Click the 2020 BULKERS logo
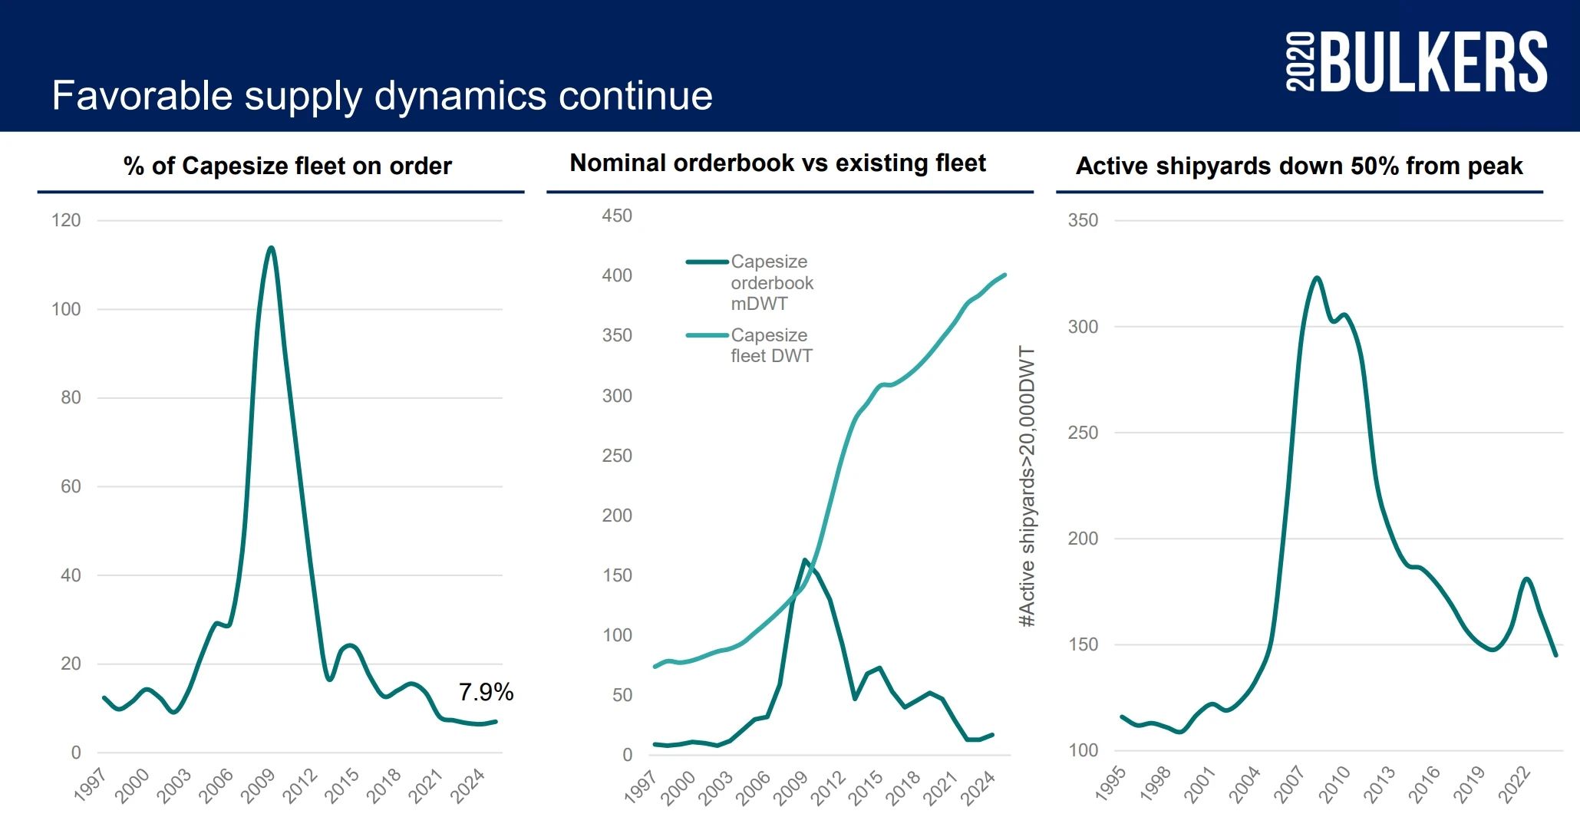[1416, 61]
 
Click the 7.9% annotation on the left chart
[486, 692]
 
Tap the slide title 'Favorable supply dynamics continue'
[382, 96]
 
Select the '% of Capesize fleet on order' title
[288, 166]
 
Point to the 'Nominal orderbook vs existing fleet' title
[777, 163]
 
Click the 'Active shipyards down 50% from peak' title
[1299, 166]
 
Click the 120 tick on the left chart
[66, 221]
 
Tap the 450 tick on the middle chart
[617, 216]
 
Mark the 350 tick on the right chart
[1083, 221]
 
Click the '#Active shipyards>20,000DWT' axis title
[1027, 486]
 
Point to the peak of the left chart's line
[271, 248]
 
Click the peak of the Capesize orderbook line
[805, 560]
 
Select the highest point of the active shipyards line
[1317, 278]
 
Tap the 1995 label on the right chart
[1110, 784]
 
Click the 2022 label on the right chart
[1515, 784]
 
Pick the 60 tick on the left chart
[71, 486]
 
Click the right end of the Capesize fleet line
[1004, 275]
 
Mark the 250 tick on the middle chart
[617, 456]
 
